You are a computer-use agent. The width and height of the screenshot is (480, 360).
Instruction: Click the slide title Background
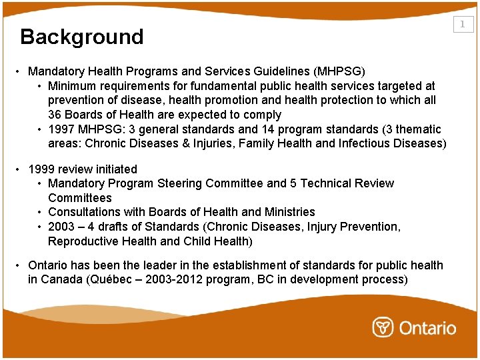tap(82, 37)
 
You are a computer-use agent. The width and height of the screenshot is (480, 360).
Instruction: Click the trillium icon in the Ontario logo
tap(383, 327)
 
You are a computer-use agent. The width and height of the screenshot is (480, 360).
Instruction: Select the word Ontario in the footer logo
tap(427, 328)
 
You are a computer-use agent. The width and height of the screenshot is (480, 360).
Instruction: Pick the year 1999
tap(42, 169)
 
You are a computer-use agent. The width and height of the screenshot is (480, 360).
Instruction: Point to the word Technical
tap(323, 183)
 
